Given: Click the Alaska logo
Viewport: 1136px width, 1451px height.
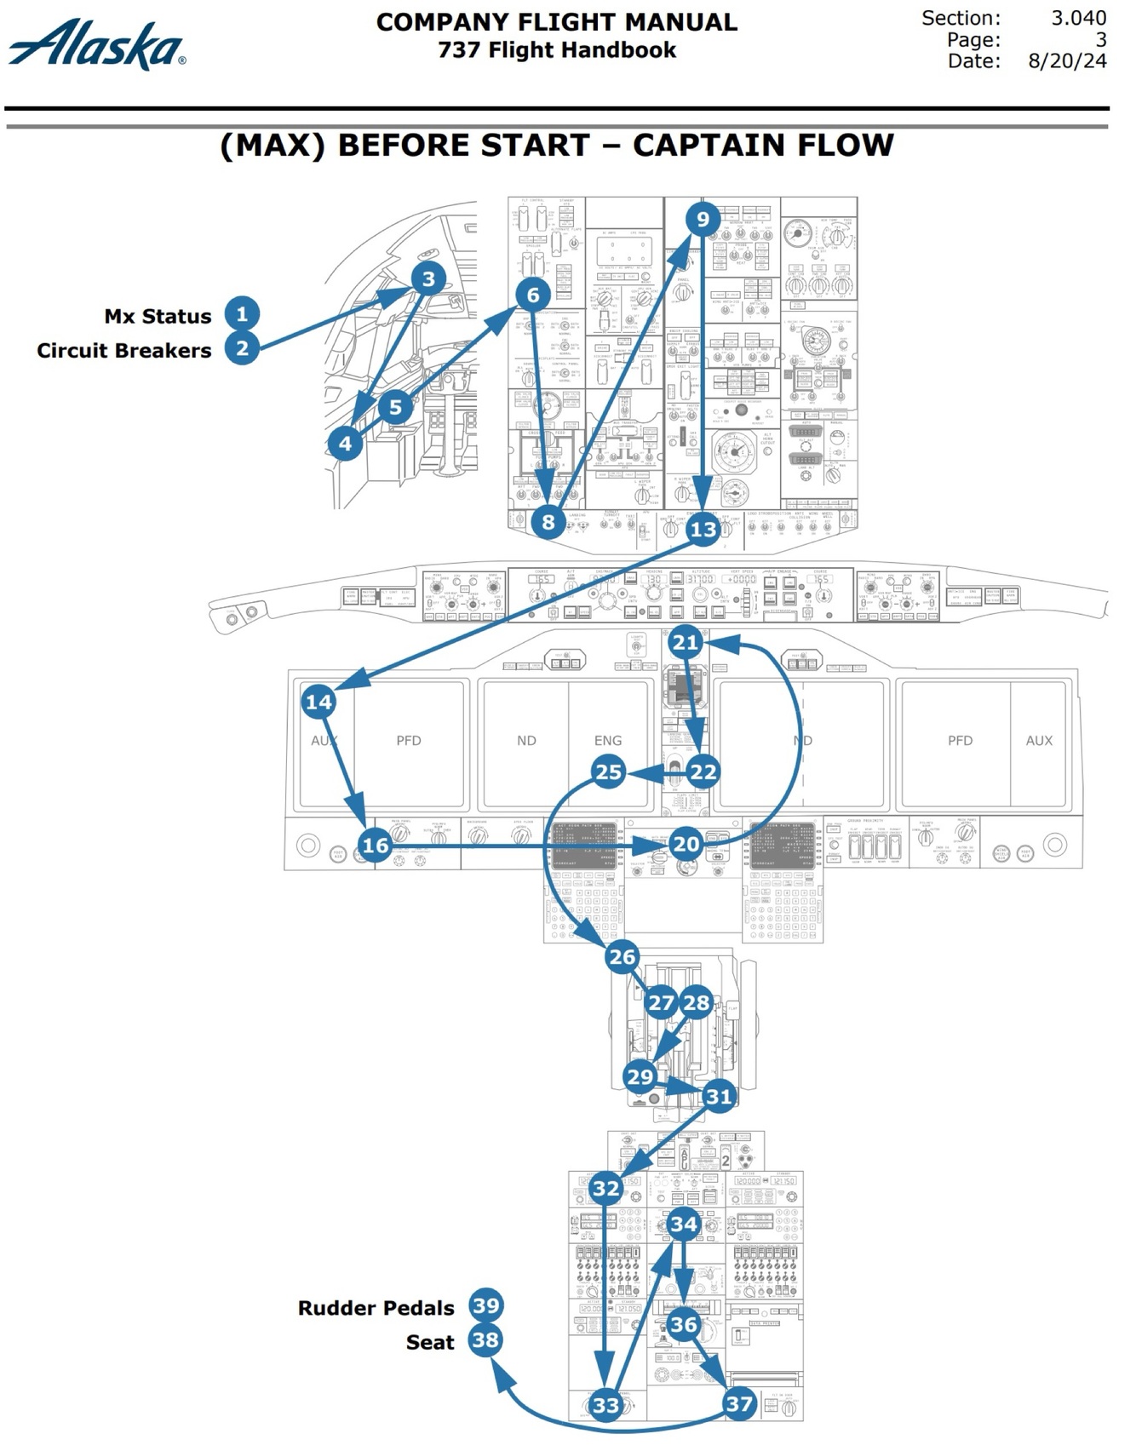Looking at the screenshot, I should tap(96, 44).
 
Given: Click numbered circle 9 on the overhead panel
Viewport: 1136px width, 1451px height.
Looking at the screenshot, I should tap(703, 219).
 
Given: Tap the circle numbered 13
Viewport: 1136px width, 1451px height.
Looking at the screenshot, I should tap(703, 530).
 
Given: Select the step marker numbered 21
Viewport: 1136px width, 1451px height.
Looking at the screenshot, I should tap(686, 642).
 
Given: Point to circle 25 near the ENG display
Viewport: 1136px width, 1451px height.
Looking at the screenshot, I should tap(608, 772).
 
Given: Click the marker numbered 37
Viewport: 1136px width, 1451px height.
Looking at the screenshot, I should tap(739, 1403).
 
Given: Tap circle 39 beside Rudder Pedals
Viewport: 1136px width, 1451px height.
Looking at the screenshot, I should tap(486, 1305).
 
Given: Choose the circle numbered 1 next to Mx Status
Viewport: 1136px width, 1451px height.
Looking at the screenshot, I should tap(242, 313).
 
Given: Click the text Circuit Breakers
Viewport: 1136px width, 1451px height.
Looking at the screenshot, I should tap(124, 350).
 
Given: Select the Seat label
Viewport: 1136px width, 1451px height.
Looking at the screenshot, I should tap(430, 1342).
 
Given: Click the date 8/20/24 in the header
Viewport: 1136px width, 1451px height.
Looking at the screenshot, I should tap(1067, 61).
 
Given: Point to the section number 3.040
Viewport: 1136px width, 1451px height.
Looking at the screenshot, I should tap(1078, 18).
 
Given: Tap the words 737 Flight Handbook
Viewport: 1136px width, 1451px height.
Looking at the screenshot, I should tap(557, 50).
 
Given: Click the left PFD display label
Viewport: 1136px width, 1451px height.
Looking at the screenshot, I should tap(409, 740).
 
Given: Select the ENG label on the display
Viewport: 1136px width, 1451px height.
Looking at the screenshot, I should tap(608, 740).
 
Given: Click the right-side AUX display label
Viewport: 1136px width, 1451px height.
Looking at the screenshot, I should tap(1039, 740).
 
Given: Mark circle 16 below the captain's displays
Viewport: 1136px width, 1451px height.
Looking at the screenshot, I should tap(375, 845).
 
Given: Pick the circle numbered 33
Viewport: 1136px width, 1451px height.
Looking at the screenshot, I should tap(605, 1404).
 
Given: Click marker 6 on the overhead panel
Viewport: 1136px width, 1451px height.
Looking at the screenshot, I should tap(532, 295).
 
